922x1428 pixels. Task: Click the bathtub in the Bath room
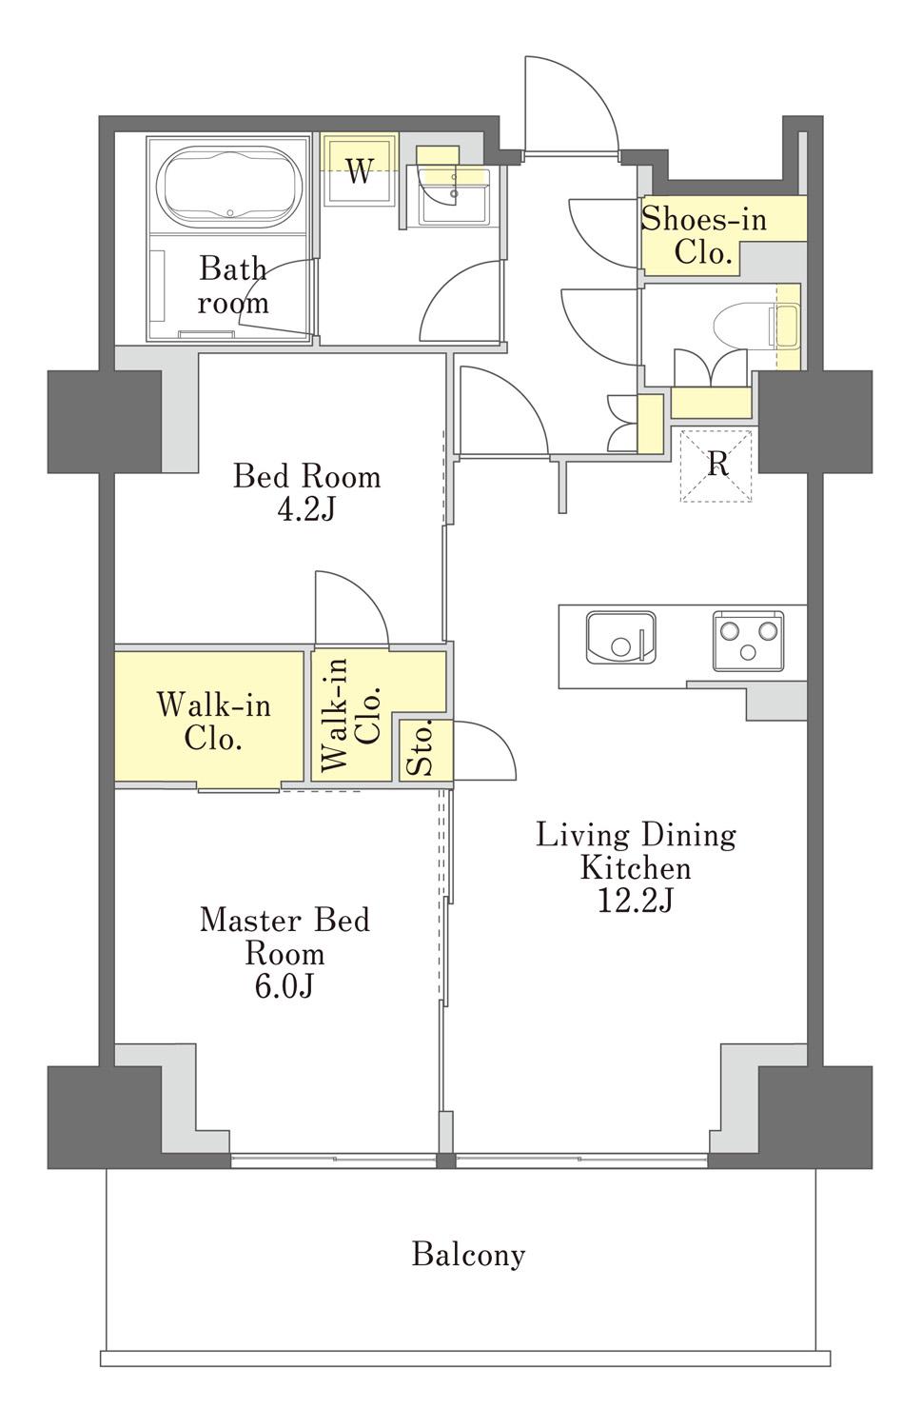(230, 187)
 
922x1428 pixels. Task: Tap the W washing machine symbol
(360, 169)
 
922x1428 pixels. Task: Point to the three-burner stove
(748, 641)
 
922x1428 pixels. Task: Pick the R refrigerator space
(716, 466)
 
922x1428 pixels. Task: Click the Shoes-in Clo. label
(703, 236)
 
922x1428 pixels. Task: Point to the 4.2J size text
(305, 509)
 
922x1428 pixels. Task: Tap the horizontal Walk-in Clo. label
(213, 722)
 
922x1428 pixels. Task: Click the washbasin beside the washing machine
(454, 195)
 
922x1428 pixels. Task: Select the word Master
(241, 921)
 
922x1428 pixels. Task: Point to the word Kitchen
(636, 868)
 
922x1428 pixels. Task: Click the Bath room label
(232, 285)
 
